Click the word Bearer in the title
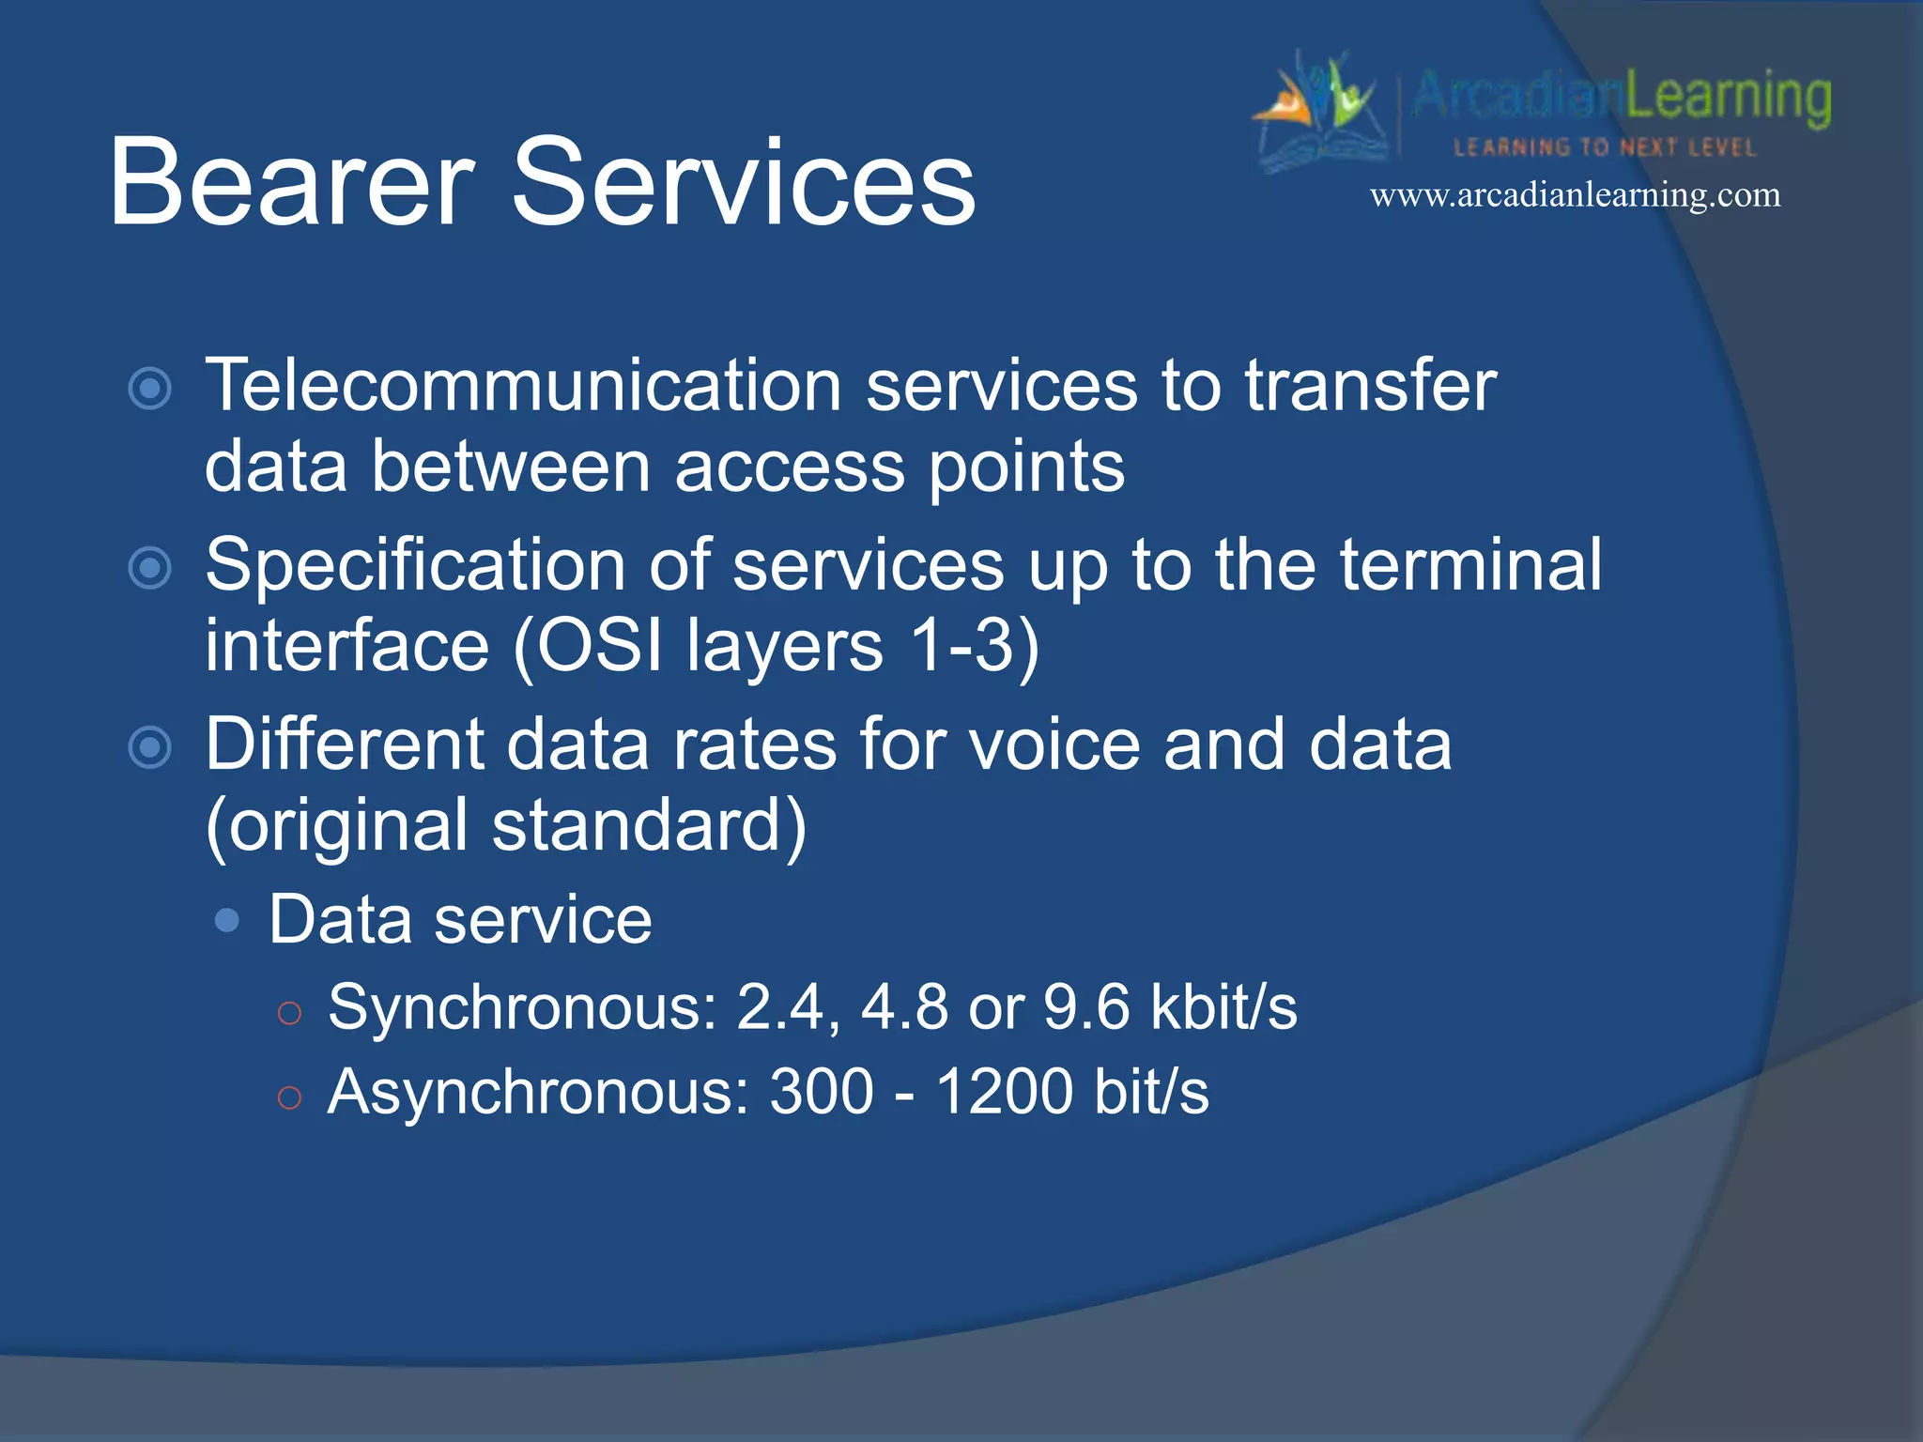tap(291, 182)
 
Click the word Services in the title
tap(743, 182)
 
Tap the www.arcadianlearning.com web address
tap(1575, 195)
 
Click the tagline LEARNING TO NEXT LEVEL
tap(1604, 147)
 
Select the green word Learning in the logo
tap(1728, 97)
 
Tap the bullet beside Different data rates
tap(150, 747)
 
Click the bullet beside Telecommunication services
tap(150, 389)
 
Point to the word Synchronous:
tap(522, 1008)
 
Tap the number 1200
tap(1005, 1092)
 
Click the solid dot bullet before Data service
tap(226, 920)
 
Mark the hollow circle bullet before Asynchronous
tap(289, 1097)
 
